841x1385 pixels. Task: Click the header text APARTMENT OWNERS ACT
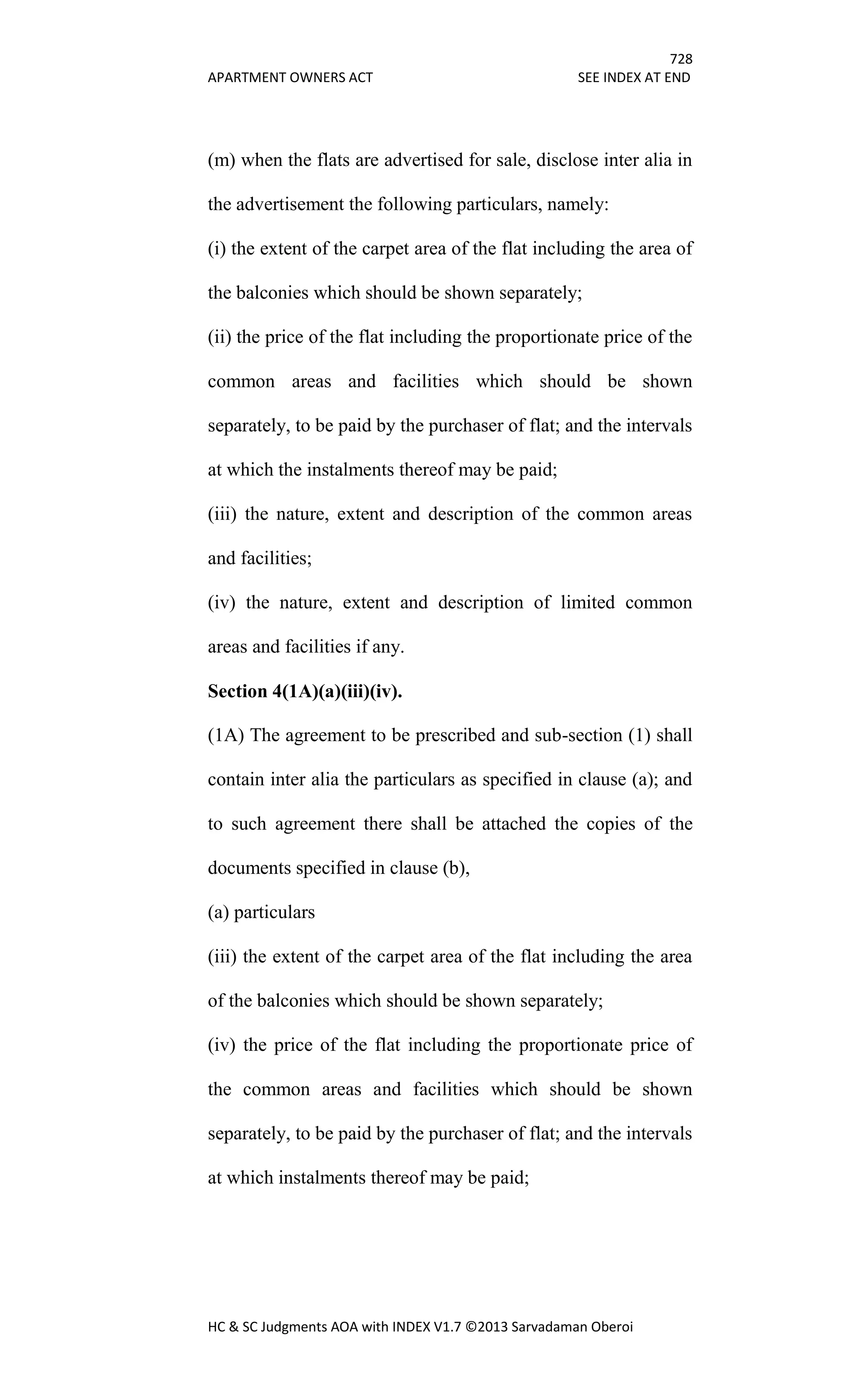(290, 78)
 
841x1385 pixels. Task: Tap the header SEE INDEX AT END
(634, 78)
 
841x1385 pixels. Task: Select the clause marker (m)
(221, 160)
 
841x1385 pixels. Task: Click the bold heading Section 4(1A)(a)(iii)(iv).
(305, 691)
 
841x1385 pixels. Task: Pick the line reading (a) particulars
(262, 912)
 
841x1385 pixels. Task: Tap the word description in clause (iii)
(471, 514)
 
